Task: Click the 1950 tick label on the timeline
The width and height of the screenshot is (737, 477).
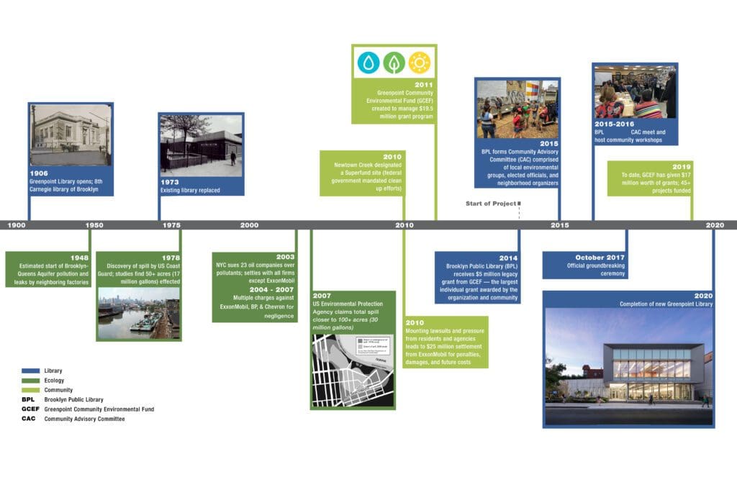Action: coord(94,225)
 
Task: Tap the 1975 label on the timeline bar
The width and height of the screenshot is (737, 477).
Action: coord(171,225)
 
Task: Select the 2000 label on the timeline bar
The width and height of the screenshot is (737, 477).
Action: coord(249,225)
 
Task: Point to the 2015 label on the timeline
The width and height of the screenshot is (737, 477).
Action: coord(559,225)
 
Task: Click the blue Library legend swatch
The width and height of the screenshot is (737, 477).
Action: coord(32,371)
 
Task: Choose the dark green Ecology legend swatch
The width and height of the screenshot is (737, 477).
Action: coord(32,380)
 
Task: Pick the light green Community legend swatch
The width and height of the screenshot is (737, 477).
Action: coord(32,390)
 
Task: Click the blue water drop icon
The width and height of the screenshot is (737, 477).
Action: coord(368,63)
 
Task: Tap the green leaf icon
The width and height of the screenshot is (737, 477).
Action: coord(394,63)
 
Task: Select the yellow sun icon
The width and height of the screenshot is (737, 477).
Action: coord(419,63)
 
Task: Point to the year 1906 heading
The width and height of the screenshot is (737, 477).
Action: coord(39,173)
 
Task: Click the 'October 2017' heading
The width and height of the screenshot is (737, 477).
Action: coord(600,258)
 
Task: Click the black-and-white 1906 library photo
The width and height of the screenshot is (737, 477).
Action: coord(70,135)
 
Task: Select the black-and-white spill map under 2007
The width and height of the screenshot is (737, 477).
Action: coord(353,370)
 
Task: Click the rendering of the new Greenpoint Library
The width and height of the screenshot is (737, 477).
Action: coord(628,367)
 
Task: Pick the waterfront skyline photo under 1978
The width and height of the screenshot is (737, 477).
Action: coord(138,313)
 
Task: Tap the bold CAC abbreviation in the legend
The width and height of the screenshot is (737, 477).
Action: coord(29,419)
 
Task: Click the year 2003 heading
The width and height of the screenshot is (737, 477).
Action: coord(286,257)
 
